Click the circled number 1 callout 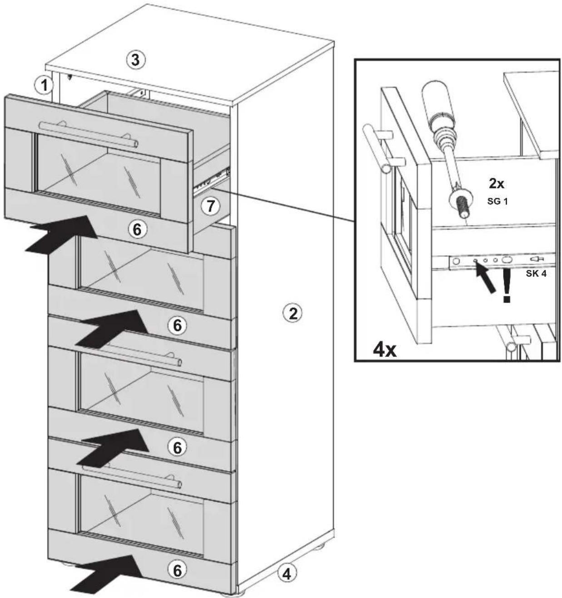[44, 84]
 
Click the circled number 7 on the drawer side [210, 206]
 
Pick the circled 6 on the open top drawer [136, 230]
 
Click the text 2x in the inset [496, 184]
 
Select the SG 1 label [497, 201]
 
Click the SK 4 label [537, 274]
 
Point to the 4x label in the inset [385, 350]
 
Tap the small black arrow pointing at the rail [485, 276]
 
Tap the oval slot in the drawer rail [506, 260]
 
